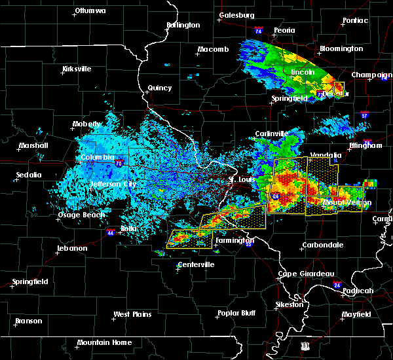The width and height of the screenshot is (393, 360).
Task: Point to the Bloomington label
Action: tap(341, 48)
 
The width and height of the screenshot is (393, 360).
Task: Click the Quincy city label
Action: tap(160, 88)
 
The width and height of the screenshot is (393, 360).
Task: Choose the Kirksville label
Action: tap(77, 69)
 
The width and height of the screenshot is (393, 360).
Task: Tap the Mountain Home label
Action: tap(104, 342)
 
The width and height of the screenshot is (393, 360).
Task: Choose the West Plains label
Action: tap(132, 314)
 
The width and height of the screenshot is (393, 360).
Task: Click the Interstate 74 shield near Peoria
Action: tap(258, 31)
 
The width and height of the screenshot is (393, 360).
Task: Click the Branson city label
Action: tap(28, 321)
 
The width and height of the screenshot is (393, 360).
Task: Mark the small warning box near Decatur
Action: tap(339, 88)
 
